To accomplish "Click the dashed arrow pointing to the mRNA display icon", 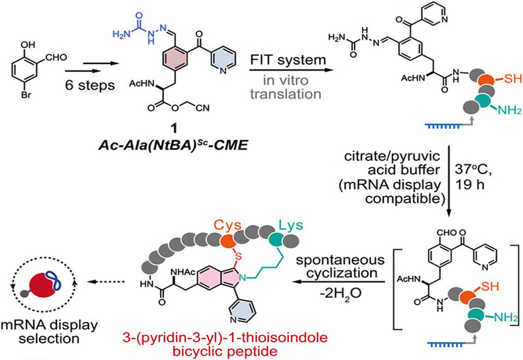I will click(x=108, y=282).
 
